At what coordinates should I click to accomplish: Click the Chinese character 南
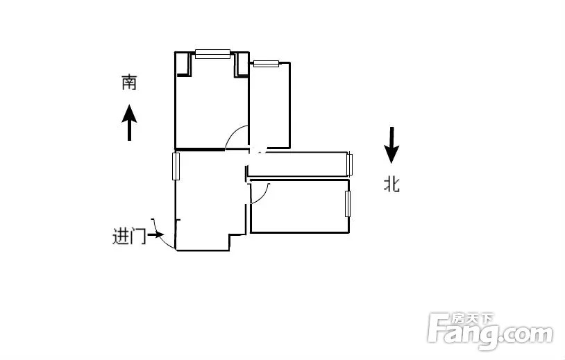click(x=129, y=82)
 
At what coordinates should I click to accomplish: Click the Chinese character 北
click(x=391, y=185)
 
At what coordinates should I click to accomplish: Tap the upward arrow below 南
click(x=129, y=122)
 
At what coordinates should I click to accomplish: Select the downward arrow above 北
click(x=391, y=145)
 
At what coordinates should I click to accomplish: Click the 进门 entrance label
click(x=129, y=236)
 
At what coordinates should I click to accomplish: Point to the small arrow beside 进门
click(x=155, y=235)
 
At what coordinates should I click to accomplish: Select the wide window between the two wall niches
click(x=212, y=54)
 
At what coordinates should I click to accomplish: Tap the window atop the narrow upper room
click(x=267, y=64)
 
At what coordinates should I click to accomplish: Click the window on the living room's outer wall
click(x=176, y=166)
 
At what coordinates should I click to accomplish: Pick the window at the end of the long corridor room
click(x=350, y=164)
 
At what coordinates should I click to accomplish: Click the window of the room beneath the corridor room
click(x=348, y=204)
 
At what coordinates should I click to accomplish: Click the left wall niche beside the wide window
click(x=183, y=64)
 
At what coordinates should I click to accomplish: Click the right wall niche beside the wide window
click(x=242, y=65)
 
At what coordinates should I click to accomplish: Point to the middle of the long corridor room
click(x=298, y=164)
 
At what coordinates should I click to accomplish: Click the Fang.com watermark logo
click(x=490, y=331)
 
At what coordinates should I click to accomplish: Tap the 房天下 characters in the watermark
click(x=472, y=318)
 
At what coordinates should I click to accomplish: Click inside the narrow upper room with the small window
click(x=269, y=105)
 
